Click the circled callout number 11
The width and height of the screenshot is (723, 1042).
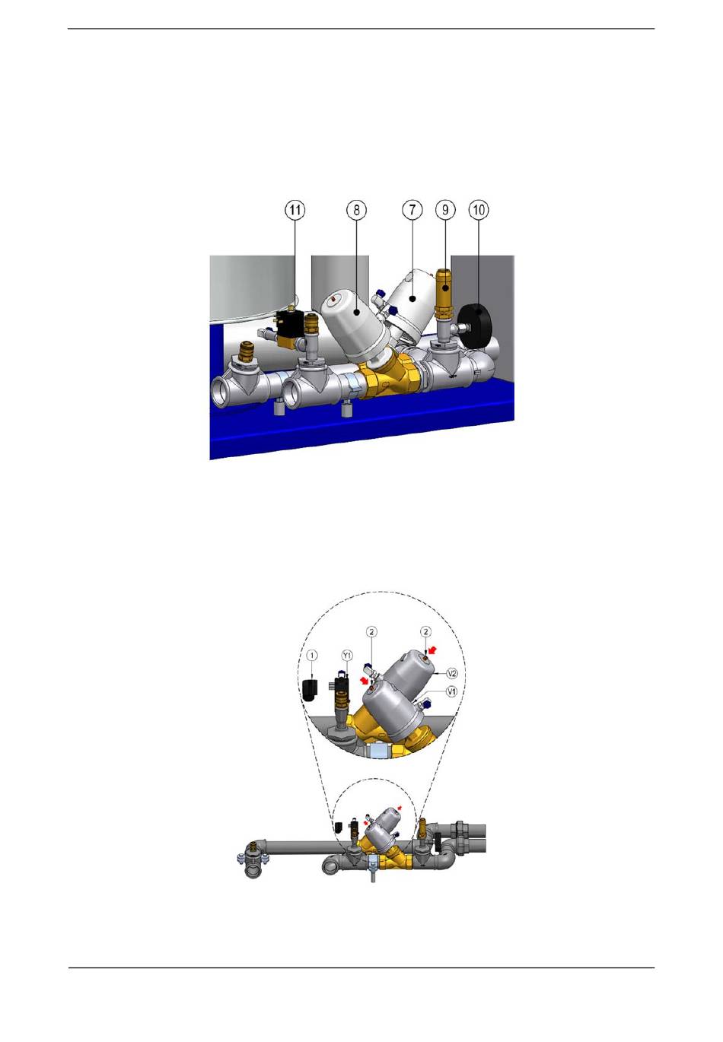tap(295, 210)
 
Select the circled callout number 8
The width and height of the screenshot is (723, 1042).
tap(356, 210)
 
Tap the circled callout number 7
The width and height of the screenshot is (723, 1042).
tap(412, 210)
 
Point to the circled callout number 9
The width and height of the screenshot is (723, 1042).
tap(445, 210)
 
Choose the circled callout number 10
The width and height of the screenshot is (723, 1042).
tap(479, 210)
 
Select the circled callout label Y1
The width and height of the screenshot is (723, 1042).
tap(347, 656)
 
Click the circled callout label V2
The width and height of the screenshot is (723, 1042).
tap(451, 672)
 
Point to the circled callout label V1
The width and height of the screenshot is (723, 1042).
tap(451, 691)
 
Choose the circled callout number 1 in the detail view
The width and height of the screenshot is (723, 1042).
tap(312, 655)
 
